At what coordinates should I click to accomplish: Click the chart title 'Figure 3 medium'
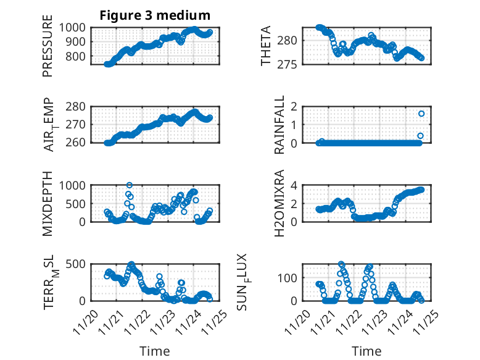click(x=155, y=15)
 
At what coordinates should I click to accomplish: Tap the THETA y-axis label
click(x=266, y=46)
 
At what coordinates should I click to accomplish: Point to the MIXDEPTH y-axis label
click(x=48, y=203)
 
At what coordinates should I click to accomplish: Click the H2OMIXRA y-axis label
click(x=279, y=203)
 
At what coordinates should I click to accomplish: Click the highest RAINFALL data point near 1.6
click(x=421, y=114)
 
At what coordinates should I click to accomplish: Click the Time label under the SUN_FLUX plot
click(x=366, y=351)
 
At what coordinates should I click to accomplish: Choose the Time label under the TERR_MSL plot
click(x=154, y=351)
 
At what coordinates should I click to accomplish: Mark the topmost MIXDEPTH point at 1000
click(x=129, y=185)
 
